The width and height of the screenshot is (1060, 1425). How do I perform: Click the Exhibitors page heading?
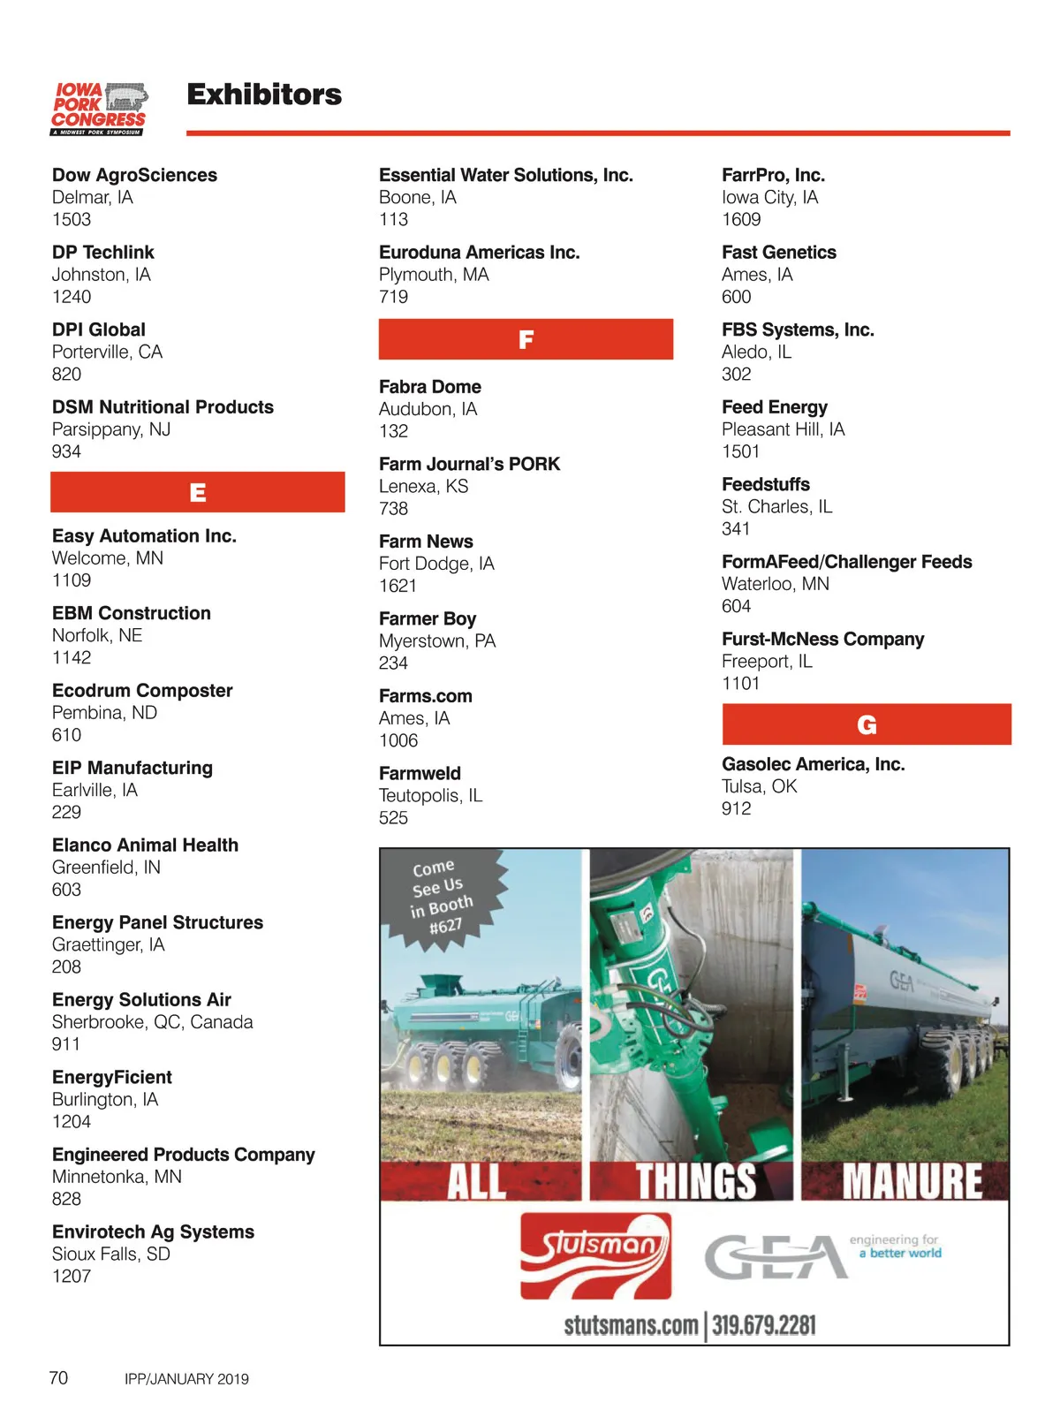coord(264,95)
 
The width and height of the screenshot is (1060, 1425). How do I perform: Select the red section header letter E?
coord(198,492)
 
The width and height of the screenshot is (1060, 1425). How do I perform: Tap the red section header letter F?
coord(526,339)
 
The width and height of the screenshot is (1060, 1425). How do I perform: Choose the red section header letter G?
coord(867,724)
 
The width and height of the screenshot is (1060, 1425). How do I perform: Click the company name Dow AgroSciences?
coord(134,175)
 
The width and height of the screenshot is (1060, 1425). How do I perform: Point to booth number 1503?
coord(72,219)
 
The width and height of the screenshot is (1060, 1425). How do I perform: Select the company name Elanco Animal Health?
coord(145,845)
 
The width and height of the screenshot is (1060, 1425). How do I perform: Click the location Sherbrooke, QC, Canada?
coord(152,1021)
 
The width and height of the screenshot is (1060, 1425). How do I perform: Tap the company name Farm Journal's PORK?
coord(469,464)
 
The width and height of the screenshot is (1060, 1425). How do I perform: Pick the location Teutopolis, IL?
coord(430,795)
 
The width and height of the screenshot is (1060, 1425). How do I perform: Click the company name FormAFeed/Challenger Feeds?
coord(846,562)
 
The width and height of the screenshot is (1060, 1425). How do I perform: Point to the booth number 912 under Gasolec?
coord(736,808)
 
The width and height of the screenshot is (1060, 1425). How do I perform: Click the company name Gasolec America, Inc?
coord(813,764)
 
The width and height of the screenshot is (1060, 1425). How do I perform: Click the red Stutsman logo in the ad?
coord(595,1255)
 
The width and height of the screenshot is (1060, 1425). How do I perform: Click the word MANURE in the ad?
coord(912,1182)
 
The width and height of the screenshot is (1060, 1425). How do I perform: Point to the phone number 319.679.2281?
coord(764,1325)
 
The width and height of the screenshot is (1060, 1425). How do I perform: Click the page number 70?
coord(58,1377)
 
